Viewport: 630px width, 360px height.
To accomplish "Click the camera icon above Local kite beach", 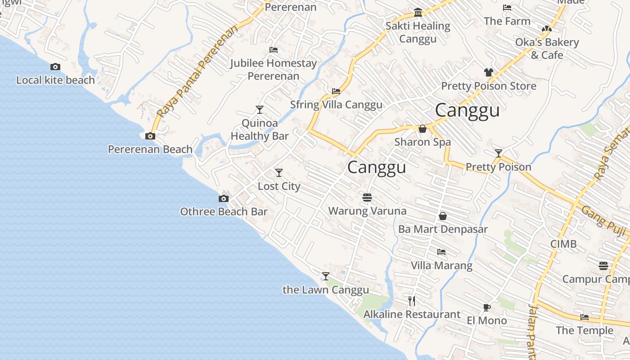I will [x=55, y=67].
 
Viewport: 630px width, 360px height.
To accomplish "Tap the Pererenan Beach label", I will [x=150, y=149].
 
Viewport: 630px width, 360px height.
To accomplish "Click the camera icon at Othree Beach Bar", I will [x=224, y=199].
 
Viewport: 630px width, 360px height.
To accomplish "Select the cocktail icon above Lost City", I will [x=279, y=173].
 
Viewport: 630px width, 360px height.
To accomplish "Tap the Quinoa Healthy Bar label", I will [x=260, y=130].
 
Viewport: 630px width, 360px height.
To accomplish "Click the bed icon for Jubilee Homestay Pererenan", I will [x=273, y=50].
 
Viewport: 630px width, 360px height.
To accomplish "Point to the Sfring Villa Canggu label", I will [x=336, y=105].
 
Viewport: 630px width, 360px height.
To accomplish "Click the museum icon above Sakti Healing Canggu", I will [x=418, y=12].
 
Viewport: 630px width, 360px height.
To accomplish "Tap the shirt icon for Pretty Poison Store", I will [x=489, y=72].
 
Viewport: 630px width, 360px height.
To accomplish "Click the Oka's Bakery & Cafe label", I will [x=547, y=49].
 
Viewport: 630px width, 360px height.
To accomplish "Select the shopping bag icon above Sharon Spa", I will [x=423, y=129].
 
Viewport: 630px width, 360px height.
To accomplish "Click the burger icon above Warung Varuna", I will [x=367, y=198].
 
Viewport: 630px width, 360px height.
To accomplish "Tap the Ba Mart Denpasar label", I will [x=443, y=229].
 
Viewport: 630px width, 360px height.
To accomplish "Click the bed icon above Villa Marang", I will [x=441, y=252].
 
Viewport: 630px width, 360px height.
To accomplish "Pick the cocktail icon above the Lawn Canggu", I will [x=326, y=276].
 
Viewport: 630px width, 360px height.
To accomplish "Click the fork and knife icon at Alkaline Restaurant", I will [x=412, y=301].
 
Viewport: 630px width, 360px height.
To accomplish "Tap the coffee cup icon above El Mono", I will [x=486, y=307].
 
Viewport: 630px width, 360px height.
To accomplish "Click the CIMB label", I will [x=563, y=244].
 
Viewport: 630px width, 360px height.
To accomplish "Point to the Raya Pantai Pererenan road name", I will [x=198, y=72].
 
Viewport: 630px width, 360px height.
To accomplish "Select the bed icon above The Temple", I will [x=585, y=317].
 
